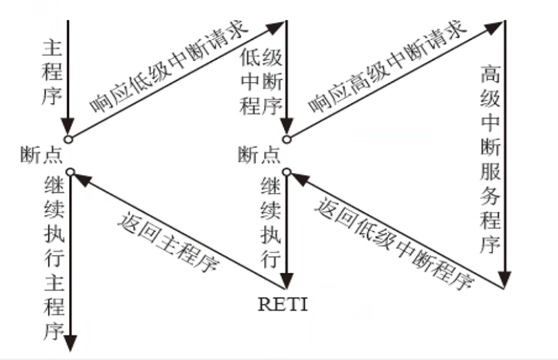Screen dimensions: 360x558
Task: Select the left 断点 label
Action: pos(42,154)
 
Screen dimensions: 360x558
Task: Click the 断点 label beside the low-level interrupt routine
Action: pos(259,154)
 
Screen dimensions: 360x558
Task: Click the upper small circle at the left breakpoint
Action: pos(68,139)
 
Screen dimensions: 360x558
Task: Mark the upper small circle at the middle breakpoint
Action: pos(286,139)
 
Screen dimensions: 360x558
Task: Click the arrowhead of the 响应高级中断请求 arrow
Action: pos(493,28)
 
